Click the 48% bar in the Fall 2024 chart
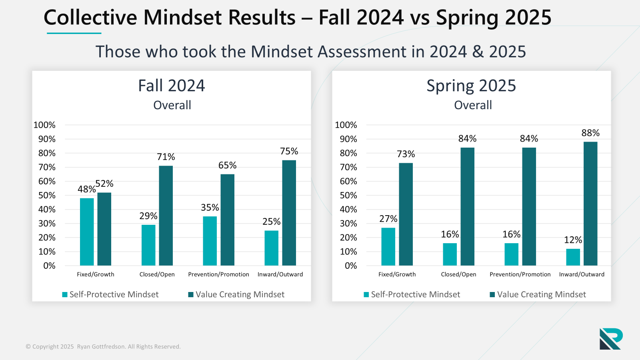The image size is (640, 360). point(87,232)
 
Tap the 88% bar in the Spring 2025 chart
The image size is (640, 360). point(590,204)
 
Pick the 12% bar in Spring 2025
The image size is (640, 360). point(573,257)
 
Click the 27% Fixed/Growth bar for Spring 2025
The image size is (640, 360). point(388,246)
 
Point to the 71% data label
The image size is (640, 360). point(166,157)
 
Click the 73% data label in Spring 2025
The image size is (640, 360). point(406,154)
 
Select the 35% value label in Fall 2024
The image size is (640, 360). point(210,208)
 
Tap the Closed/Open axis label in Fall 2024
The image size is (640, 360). point(157,274)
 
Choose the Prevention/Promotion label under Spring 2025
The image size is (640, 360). point(520,274)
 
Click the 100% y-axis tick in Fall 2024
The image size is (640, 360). point(44,125)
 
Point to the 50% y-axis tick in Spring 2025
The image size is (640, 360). point(348,195)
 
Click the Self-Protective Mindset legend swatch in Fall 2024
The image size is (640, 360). point(65,295)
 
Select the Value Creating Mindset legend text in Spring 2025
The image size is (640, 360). point(541,294)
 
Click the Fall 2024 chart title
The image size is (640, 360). point(171,86)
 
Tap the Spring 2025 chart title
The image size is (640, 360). point(471,86)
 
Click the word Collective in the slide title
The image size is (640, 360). point(90,18)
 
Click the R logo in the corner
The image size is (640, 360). point(611,339)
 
